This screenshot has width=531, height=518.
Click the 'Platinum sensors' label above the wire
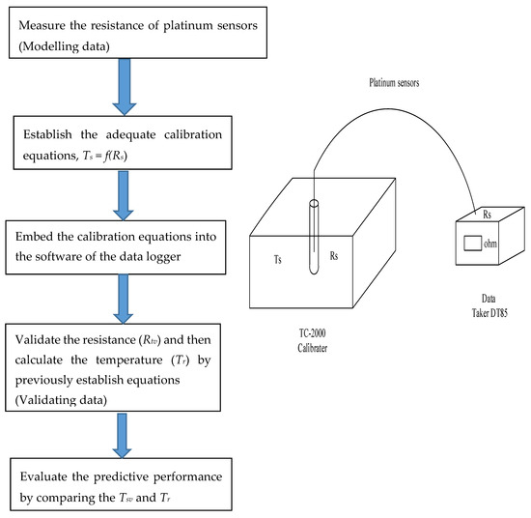(x=394, y=83)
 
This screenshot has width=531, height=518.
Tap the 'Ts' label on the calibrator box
(x=278, y=259)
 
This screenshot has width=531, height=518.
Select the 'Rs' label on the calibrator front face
(x=334, y=255)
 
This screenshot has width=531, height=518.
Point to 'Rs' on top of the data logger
(x=487, y=215)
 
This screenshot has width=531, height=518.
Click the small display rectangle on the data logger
(x=472, y=244)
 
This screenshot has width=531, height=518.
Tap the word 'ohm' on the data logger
(x=490, y=244)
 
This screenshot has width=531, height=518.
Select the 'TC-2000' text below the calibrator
(x=312, y=333)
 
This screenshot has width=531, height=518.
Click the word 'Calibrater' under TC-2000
(x=312, y=348)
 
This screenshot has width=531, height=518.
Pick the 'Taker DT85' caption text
(x=489, y=312)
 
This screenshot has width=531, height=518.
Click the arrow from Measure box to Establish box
(x=125, y=87)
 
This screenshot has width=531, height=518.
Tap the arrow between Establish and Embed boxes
(x=124, y=195)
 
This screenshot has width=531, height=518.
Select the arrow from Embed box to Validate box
(x=124, y=299)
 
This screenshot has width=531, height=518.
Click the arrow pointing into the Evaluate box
(x=122, y=436)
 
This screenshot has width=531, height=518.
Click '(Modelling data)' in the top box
(x=64, y=46)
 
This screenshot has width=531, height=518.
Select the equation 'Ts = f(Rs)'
(x=105, y=156)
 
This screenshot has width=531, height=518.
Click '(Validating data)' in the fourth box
(x=61, y=400)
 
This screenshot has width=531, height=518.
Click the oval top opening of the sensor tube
(x=314, y=203)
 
